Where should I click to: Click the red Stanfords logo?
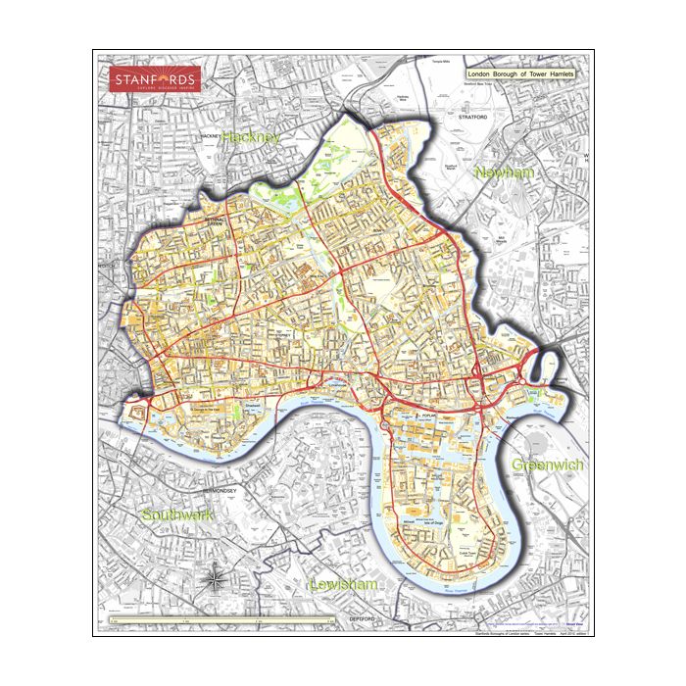pyautogui.click(x=155, y=78)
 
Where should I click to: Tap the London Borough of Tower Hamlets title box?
pyautogui.click(x=520, y=74)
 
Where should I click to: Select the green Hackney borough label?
pyautogui.click(x=251, y=138)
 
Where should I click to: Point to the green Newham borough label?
pyautogui.click(x=505, y=172)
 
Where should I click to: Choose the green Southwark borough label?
pyautogui.click(x=176, y=514)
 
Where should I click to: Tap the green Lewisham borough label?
pyautogui.click(x=343, y=584)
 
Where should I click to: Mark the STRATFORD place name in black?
pyautogui.click(x=472, y=117)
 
